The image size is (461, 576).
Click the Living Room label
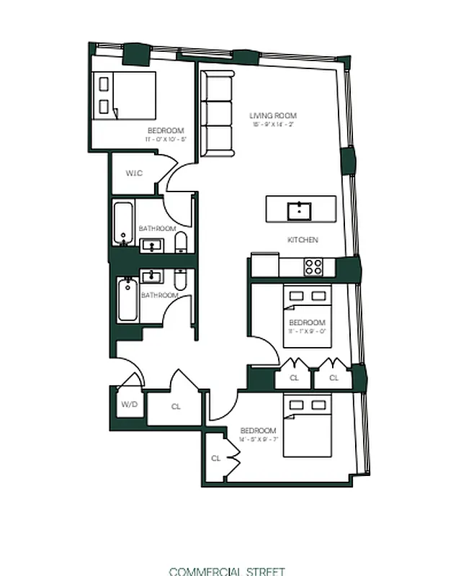coord(273,116)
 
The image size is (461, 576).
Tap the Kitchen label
coord(303,240)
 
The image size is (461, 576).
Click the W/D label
coord(130,404)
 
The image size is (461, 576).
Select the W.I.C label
coord(134,173)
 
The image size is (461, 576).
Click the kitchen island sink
coord(299,211)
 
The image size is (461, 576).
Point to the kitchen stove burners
coord(313,267)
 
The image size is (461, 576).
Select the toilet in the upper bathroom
coord(181,241)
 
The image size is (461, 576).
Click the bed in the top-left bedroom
coord(127,95)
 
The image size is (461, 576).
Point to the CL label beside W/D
coord(176,407)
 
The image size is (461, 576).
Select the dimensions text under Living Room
coord(273,125)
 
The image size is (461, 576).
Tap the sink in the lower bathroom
coord(153,275)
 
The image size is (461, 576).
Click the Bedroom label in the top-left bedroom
coord(166,130)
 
